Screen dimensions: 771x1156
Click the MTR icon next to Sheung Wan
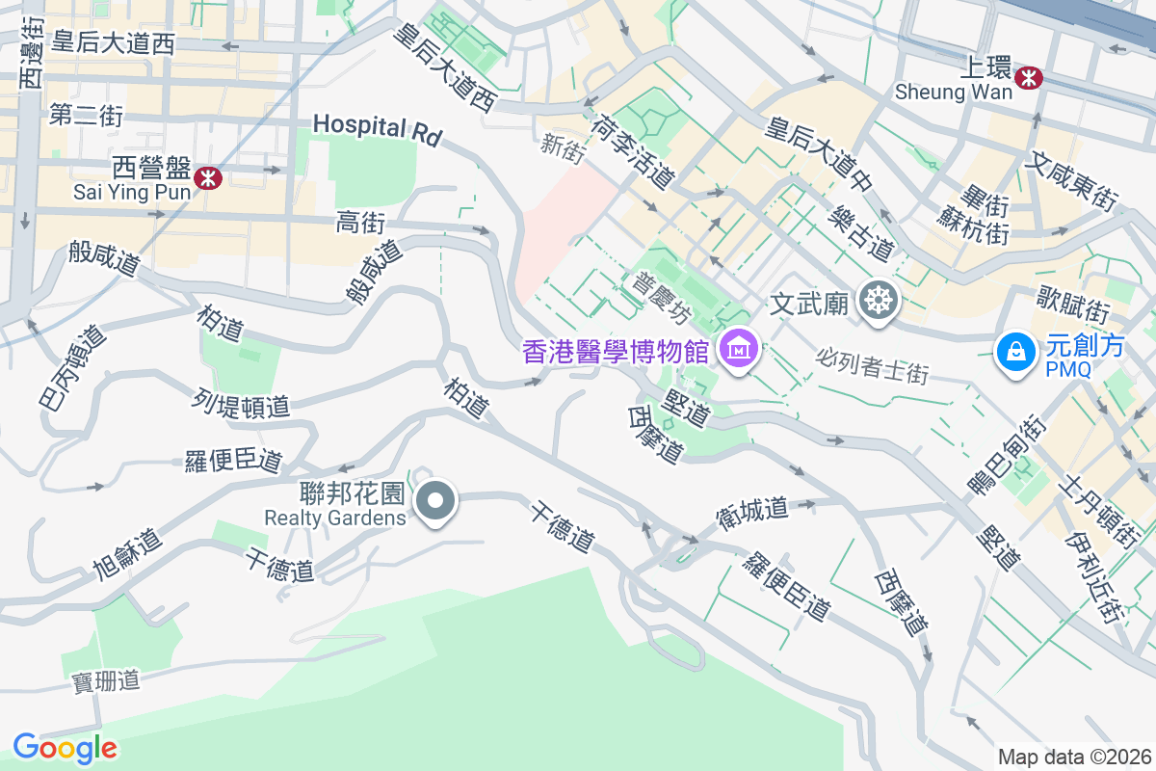tap(1029, 76)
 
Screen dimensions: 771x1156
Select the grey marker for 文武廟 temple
tap(879, 303)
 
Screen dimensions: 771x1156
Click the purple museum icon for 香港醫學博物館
tap(739, 349)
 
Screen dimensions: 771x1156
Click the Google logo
tap(65, 748)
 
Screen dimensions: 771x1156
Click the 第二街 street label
tap(86, 117)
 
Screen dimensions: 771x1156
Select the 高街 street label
tap(360, 224)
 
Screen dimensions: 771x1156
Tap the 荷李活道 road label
tap(634, 150)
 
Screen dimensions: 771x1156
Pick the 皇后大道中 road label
tap(819, 153)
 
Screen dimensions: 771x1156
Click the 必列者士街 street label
tap(872, 365)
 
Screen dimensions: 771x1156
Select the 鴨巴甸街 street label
tap(1008, 454)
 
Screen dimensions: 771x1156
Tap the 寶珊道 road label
tap(106, 681)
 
